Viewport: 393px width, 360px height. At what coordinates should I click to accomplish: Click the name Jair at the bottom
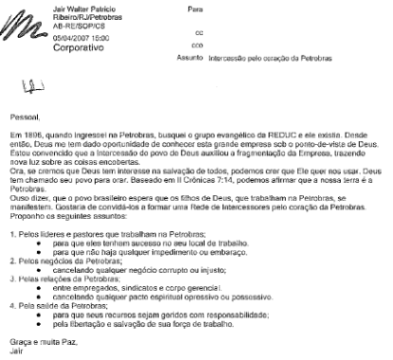[13, 347]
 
